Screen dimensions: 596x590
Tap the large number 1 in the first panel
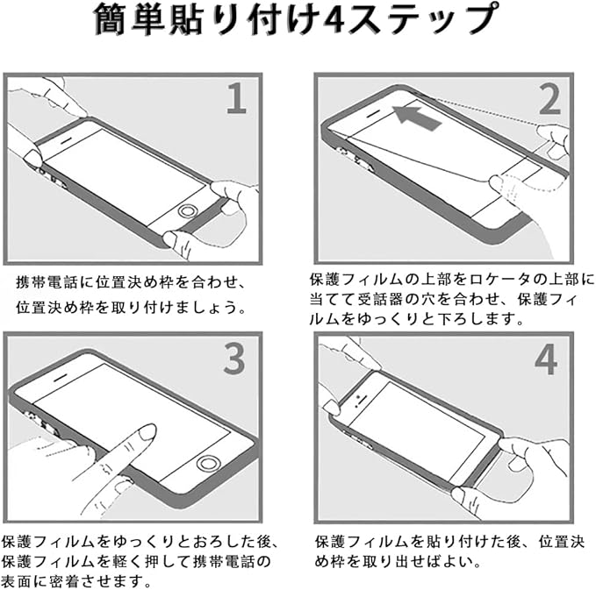pyautogui.click(x=236, y=98)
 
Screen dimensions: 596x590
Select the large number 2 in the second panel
pyautogui.click(x=550, y=99)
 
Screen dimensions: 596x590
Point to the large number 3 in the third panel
pyautogui.click(x=233, y=358)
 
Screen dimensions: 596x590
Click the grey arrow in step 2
pyautogui.click(x=416, y=117)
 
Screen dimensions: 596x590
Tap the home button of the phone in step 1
pyautogui.click(x=187, y=210)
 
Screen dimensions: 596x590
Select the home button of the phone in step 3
pyautogui.click(x=207, y=463)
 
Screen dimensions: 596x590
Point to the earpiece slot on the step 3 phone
pyautogui.click(x=60, y=379)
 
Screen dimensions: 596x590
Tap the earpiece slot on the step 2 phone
pyautogui.click(x=374, y=113)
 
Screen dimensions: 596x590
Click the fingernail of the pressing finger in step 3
pyautogui.click(x=147, y=432)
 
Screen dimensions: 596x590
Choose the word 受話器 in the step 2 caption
pyautogui.click(x=381, y=300)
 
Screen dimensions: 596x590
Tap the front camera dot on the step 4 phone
pyautogui.click(x=358, y=397)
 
